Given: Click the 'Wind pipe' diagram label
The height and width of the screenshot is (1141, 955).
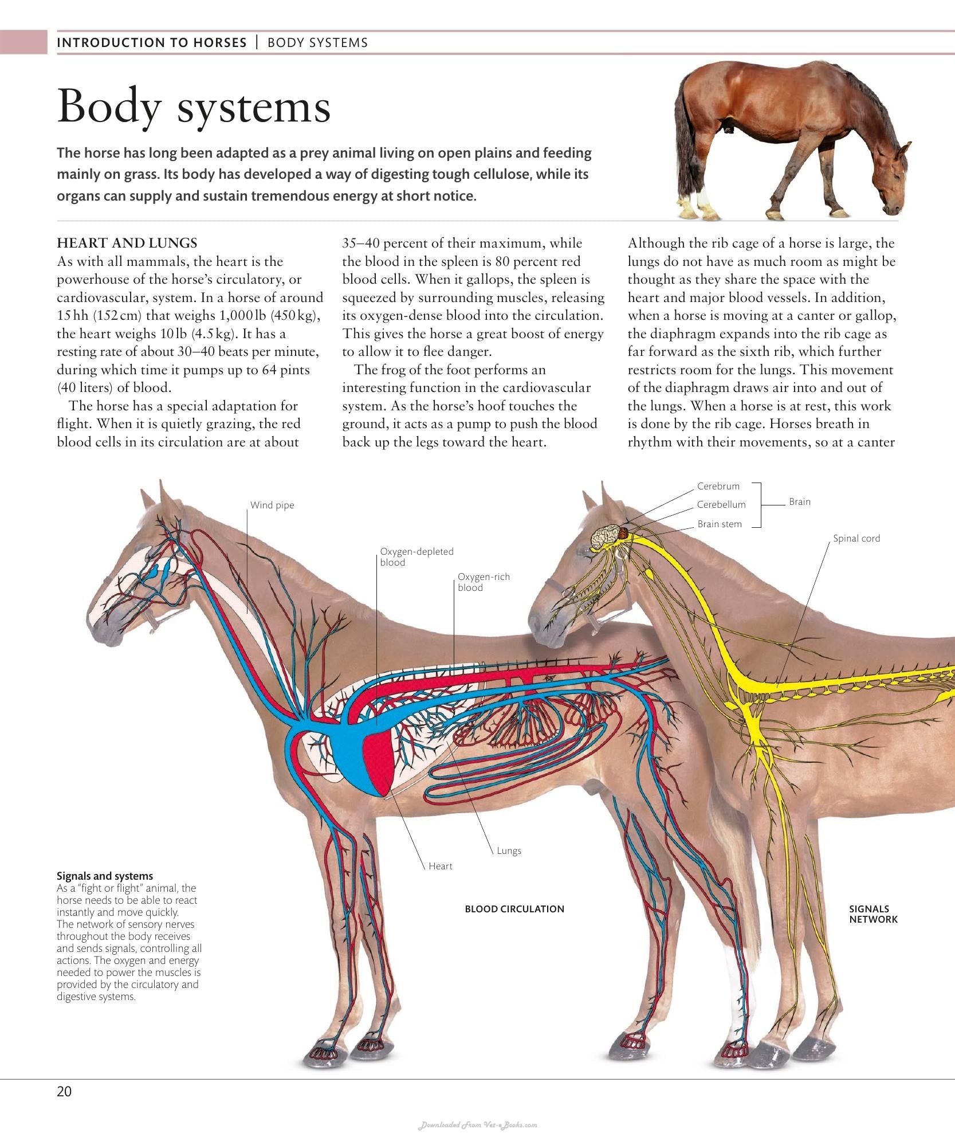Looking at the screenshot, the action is pos(272,505).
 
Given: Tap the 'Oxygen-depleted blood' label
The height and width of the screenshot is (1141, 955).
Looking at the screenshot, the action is pos(416,556).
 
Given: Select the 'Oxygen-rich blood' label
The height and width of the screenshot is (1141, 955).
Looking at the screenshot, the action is pos(484,582).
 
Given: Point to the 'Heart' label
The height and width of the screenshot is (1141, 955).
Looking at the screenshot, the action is pos(441,866).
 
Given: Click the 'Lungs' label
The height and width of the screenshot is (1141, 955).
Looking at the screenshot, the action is pos(509,850).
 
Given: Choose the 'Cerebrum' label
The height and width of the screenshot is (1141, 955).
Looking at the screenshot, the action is pos(718,486).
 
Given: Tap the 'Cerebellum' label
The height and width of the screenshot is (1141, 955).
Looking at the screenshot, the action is pos(721,504).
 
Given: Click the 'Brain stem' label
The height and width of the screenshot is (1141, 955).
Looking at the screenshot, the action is pos(720,524).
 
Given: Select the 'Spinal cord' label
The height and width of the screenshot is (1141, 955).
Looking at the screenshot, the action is pos(856,538).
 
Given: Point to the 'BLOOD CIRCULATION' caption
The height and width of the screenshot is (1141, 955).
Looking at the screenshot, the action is pos(514,909).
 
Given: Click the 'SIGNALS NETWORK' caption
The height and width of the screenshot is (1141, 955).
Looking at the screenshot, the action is pos(873,914).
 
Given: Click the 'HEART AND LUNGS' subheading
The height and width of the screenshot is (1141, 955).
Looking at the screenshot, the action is pos(127,243).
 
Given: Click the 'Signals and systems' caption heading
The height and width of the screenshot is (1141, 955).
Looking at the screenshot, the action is pos(105,876).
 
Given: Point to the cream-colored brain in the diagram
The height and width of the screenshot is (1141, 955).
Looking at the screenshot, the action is pos(604,537).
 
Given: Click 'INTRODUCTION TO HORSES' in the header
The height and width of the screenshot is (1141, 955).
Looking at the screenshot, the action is pos(152,42).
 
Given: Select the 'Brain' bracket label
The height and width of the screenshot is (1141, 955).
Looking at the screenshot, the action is pos(799,501).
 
